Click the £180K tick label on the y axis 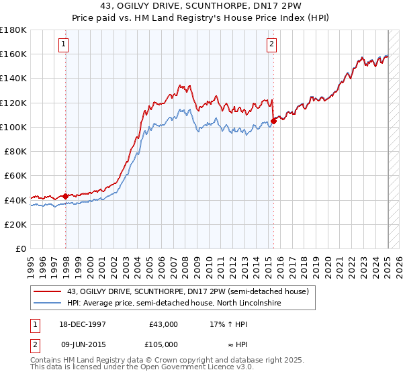click(x=13, y=30)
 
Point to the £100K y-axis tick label click(x=13, y=127)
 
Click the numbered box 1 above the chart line click(x=62, y=45)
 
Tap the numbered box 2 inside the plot click(x=271, y=45)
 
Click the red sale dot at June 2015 click(x=273, y=121)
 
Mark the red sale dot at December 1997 click(x=65, y=196)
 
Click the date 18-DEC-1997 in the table click(x=84, y=324)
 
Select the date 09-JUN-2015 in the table click(x=84, y=344)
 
